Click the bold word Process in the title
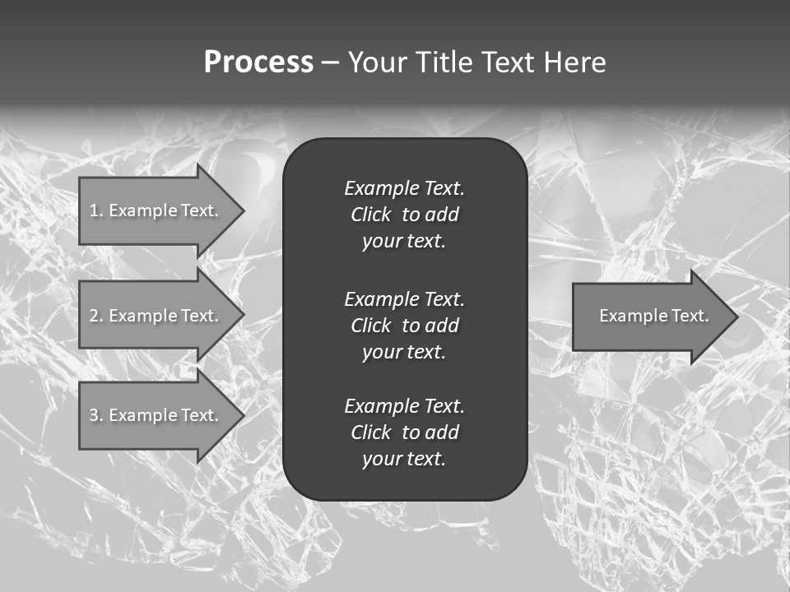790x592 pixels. [x=258, y=62]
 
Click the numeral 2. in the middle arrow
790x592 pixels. [x=96, y=316]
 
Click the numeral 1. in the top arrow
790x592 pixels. [x=96, y=210]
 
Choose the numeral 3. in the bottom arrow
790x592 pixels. [x=96, y=415]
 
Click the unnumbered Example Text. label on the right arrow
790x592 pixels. [x=654, y=316]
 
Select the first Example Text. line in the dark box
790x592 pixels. [x=404, y=188]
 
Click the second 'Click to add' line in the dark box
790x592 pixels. [x=404, y=326]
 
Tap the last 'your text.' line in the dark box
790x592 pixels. [x=404, y=459]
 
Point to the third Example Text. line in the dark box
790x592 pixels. [x=404, y=406]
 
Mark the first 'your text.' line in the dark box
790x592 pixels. [x=404, y=241]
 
